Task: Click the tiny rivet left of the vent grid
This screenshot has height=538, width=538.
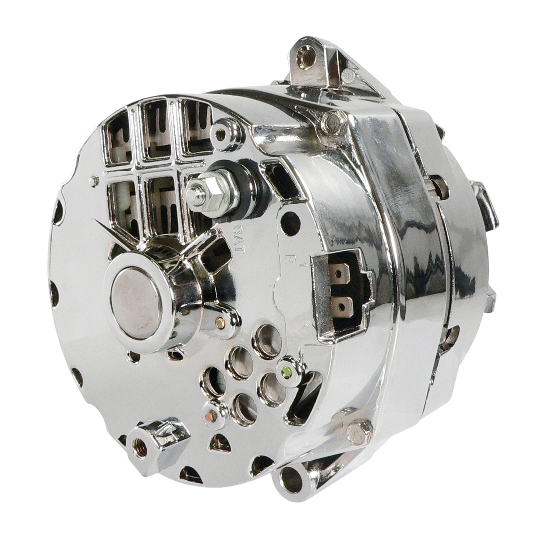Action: (94, 181)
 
